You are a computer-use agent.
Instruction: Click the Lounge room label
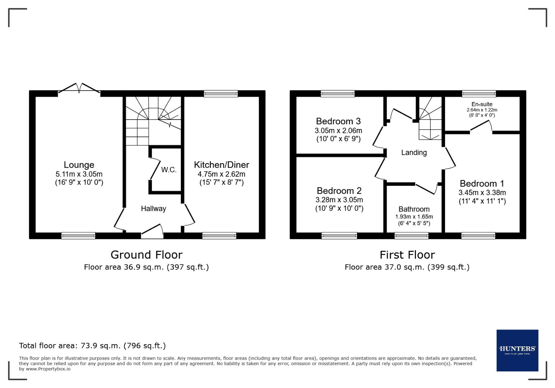pyautogui.click(x=79, y=165)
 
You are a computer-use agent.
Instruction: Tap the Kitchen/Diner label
pyautogui.click(x=221, y=165)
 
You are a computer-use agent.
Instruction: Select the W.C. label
pyautogui.click(x=169, y=170)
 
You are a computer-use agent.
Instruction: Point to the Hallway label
pyautogui.click(x=153, y=209)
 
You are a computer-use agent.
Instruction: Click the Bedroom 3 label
pyautogui.click(x=338, y=121)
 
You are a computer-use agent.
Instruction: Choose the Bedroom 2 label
pyautogui.click(x=339, y=191)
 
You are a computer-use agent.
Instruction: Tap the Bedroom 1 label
pyautogui.click(x=482, y=184)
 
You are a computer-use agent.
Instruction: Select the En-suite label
pyautogui.click(x=482, y=104)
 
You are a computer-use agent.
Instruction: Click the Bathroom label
pyautogui.click(x=414, y=209)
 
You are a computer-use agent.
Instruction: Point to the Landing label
pyautogui.click(x=414, y=153)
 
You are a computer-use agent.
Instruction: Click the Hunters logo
pyautogui.click(x=517, y=350)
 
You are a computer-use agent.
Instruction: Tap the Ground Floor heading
pyautogui.click(x=146, y=255)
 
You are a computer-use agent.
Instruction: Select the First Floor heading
pyautogui.click(x=407, y=255)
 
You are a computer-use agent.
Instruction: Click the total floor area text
pyautogui.click(x=92, y=346)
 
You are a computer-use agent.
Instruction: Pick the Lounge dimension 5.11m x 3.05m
pyautogui.click(x=79, y=174)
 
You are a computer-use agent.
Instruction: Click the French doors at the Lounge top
pyautogui.click(x=79, y=89)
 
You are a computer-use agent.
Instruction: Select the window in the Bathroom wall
pyautogui.click(x=411, y=236)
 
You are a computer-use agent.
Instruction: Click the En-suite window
pyautogui.click(x=479, y=93)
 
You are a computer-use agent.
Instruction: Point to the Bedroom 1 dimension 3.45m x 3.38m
pyautogui.click(x=482, y=193)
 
